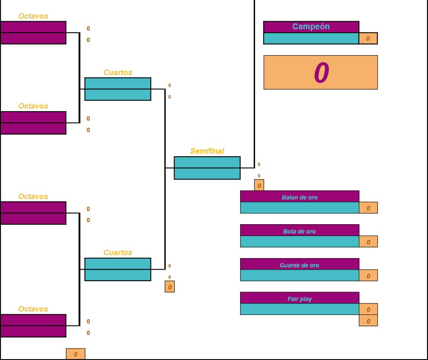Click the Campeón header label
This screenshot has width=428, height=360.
pyautogui.click(x=311, y=27)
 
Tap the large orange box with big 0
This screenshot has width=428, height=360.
pyautogui.click(x=320, y=72)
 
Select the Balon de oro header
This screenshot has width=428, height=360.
pyautogui.click(x=299, y=197)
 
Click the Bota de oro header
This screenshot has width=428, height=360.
pyautogui.click(x=299, y=231)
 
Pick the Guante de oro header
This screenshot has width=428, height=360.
pyautogui.click(x=299, y=265)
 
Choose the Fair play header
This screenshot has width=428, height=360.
pyautogui.click(x=299, y=298)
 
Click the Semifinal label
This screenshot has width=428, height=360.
pyautogui.click(x=207, y=151)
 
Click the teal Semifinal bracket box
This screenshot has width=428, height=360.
pyautogui.click(x=207, y=168)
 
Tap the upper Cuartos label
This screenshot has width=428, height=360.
pyautogui.click(x=118, y=73)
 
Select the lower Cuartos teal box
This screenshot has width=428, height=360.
pyautogui.click(x=118, y=270)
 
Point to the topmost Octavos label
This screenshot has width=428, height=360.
pyautogui.click(x=33, y=16)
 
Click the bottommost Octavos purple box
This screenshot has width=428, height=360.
pyautogui.click(x=33, y=326)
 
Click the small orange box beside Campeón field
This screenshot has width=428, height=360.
pyautogui.click(x=368, y=39)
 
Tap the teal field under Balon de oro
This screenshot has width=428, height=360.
pyautogui.click(x=299, y=208)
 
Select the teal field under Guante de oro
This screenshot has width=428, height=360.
pyautogui.click(x=299, y=275)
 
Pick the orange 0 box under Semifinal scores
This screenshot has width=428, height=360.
pyautogui.click(x=259, y=186)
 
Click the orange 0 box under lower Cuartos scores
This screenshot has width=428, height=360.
pyautogui.click(x=170, y=287)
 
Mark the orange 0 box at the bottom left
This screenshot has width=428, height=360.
pyautogui.click(x=75, y=354)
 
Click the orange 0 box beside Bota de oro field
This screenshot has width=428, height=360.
pyautogui.click(x=368, y=242)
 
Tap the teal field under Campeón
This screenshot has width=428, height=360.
pyautogui.click(x=311, y=39)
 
